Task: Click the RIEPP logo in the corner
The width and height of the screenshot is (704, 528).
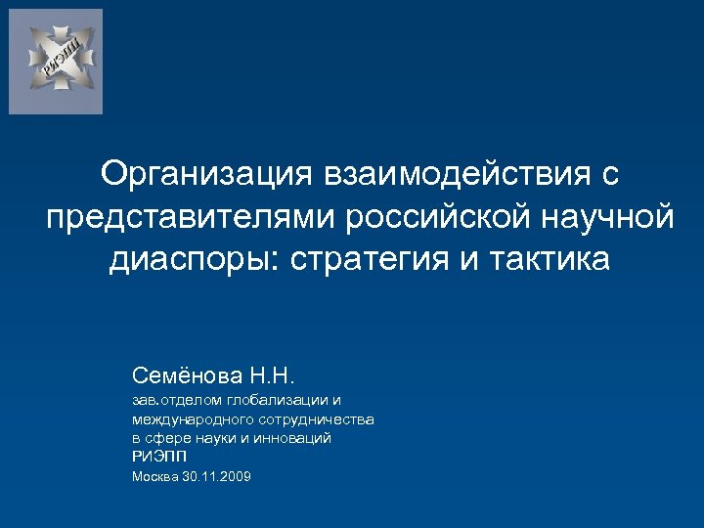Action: coord(56,62)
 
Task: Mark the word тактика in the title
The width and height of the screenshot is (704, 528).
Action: coord(552,260)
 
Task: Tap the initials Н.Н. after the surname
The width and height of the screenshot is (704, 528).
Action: coord(279,374)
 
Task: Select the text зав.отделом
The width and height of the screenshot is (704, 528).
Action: coord(174,401)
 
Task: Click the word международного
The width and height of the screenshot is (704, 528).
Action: coord(188,419)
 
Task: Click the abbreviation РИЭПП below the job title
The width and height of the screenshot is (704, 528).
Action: coord(158,457)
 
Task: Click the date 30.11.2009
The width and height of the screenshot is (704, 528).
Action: coord(217,476)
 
